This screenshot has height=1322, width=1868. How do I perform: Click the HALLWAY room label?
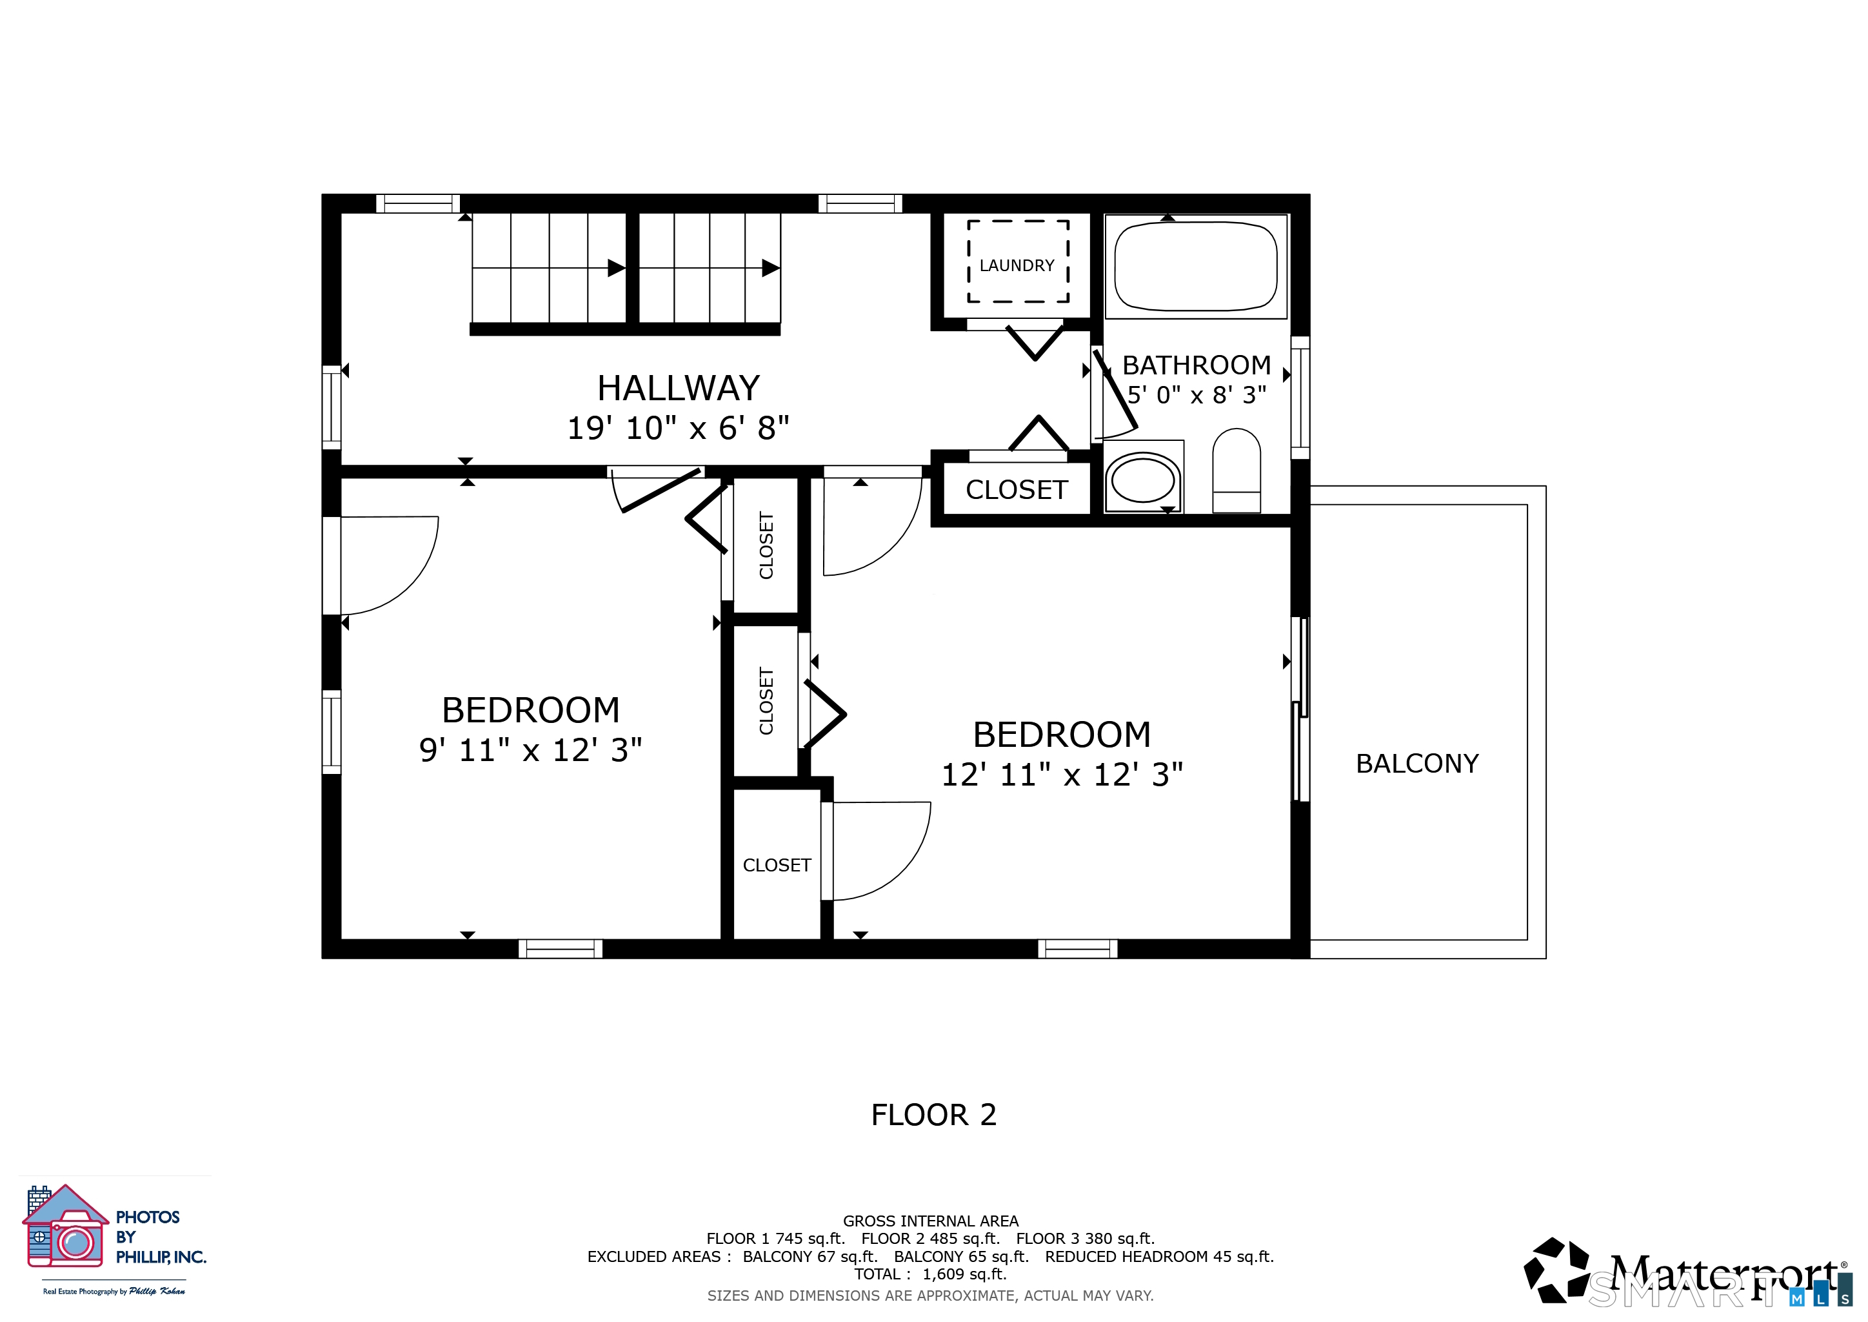(679, 389)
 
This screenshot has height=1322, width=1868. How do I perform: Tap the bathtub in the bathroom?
(1196, 266)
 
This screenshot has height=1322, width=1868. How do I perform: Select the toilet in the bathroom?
(1237, 471)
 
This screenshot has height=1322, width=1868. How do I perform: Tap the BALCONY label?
(1417, 764)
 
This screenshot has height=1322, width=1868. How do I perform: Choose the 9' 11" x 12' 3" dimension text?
(530, 749)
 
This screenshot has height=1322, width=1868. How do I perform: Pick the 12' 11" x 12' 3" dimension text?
(1062, 774)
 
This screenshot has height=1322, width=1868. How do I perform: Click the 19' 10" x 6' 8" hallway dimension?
(679, 427)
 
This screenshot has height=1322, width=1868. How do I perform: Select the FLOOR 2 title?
(934, 1114)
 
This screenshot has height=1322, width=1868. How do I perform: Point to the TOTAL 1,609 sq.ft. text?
(931, 1274)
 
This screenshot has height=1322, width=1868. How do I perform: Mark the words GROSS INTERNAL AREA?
(931, 1221)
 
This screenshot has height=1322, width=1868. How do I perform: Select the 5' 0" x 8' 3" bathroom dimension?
(1197, 395)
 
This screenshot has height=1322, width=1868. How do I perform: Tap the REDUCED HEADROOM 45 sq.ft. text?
(1159, 1256)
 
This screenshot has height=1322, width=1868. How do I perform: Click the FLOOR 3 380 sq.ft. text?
(1086, 1238)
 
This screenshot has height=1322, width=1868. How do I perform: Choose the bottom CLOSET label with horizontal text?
(777, 866)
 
